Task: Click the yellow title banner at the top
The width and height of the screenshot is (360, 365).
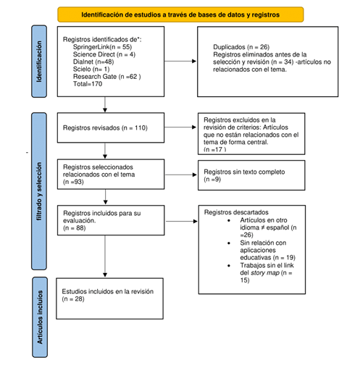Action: (x=180, y=14)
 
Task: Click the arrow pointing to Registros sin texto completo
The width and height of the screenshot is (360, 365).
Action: (x=178, y=174)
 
